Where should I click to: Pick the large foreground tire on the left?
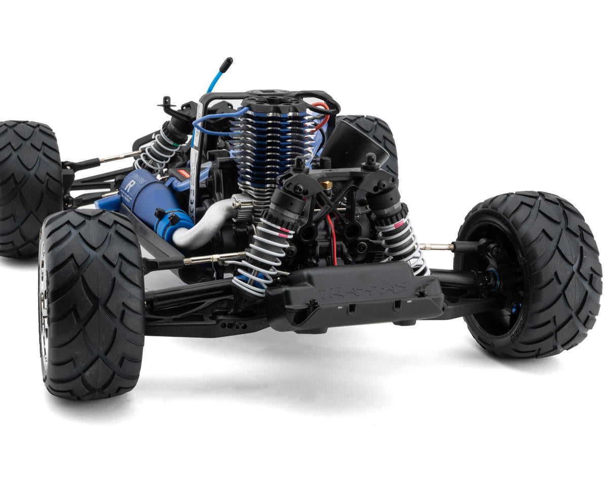pos(91,304)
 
